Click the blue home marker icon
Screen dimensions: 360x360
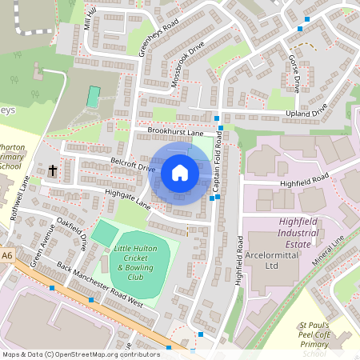point(180,172)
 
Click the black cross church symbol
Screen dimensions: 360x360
point(53,170)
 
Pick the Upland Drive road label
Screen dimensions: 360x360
point(308,114)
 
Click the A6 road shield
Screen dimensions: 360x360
point(7,255)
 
